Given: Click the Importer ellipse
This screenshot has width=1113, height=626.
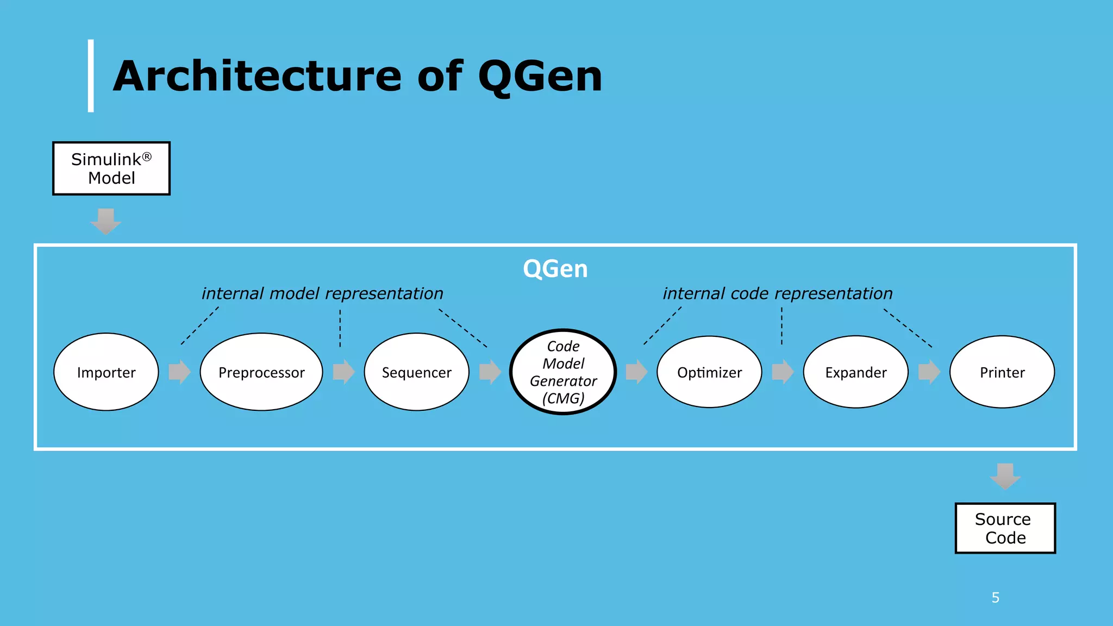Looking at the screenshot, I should [x=106, y=372].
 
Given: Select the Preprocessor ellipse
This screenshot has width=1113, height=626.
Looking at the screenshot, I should [x=261, y=372].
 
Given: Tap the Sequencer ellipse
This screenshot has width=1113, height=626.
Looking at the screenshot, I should [x=416, y=372].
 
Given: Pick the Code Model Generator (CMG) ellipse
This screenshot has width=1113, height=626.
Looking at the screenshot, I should [x=563, y=372].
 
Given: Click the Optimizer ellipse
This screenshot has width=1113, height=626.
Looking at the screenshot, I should [x=709, y=372].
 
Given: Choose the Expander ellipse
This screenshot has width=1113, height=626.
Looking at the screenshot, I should [x=855, y=372].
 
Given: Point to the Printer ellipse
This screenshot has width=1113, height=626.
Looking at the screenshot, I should [x=1002, y=372].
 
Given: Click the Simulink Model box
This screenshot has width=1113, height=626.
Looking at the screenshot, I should [x=111, y=168].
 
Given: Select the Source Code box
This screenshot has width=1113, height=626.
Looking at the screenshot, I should [x=1005, y=528].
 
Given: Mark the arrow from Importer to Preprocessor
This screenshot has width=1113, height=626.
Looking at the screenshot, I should [x=179, y=372].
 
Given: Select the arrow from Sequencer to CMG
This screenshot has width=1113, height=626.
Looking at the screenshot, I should [x=490, y=372].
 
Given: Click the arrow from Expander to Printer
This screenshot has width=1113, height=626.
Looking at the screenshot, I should [x=929, y=372].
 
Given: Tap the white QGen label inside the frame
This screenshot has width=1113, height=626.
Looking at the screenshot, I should [x=555, y=269].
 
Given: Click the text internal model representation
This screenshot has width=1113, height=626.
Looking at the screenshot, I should [x=322, y=293].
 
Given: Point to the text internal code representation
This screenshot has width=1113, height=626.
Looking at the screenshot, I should [x=777, y=293].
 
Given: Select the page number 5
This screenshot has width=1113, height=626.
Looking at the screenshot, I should [x=995, y=598].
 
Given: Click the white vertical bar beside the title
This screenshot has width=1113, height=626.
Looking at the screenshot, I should [x=91, y=76].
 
